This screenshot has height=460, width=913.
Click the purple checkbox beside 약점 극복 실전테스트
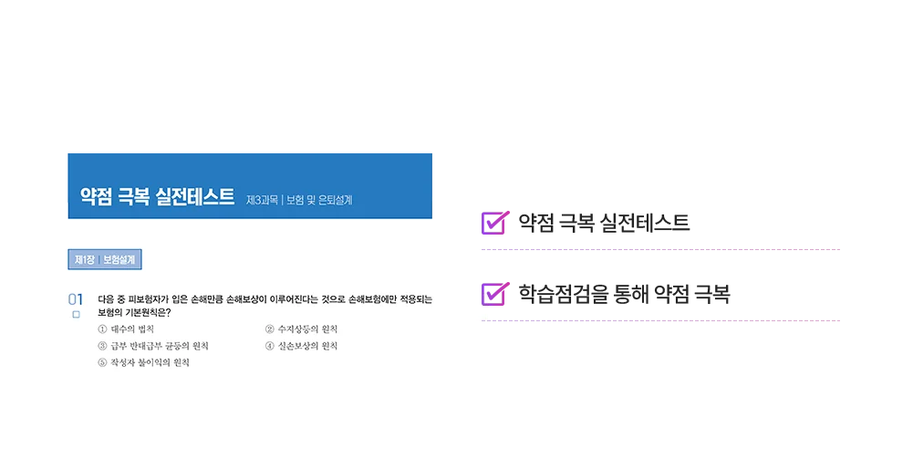coord(495,223)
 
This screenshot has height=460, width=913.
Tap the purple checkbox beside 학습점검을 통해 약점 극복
coord(495,294)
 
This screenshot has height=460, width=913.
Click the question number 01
coord(76,299)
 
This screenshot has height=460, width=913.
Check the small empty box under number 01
coord(77,315)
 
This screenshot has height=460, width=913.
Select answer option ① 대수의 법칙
coord(126,329)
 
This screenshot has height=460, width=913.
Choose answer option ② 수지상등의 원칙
coord(301,329)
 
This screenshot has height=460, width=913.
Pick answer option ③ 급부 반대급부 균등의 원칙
coord(153,346)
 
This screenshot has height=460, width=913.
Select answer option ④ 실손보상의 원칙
coord(301,346)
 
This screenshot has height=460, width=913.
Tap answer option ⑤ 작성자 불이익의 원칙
coord(144,362)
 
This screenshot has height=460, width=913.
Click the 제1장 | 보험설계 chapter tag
coord(105,260)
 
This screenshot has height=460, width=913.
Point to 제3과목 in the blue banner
coord(262,200)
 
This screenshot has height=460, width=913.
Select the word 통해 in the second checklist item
coord(630,294)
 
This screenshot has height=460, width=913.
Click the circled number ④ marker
coord(270,346)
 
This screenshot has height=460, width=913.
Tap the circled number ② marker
coord(270,329)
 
